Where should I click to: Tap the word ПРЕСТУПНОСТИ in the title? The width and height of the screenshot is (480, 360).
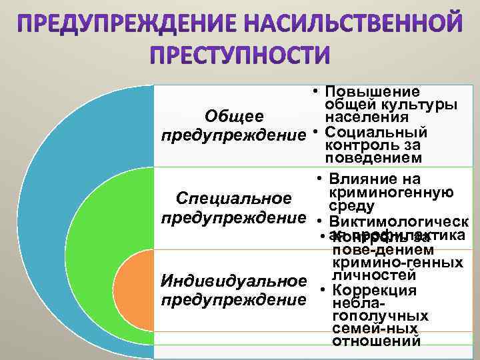[x=239, y=54]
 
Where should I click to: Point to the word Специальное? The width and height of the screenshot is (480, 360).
[x=233, y=199]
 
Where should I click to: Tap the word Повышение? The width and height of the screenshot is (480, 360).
[x=373, y=91]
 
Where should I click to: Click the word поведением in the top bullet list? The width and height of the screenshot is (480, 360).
[x=373, y=158]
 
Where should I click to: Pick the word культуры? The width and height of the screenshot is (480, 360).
[x=419, y=105]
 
